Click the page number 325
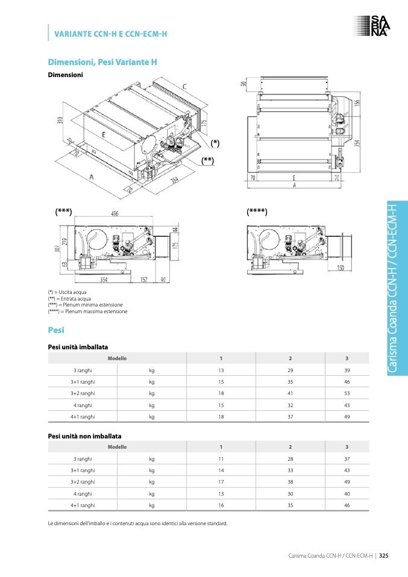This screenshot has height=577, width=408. tap(383, 555)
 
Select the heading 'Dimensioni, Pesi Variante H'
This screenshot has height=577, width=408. tap(102, 62)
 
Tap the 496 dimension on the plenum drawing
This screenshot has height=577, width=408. tap(115, 213)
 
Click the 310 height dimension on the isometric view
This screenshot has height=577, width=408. tap(60, 120)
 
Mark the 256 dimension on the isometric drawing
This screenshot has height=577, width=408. tap(175, 179)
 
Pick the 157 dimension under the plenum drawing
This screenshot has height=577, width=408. tap(144, 279)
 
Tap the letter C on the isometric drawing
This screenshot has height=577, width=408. tap(184, 87)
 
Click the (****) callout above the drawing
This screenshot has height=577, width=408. tap(257, 211)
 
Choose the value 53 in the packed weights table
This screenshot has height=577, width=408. tap(347, 393)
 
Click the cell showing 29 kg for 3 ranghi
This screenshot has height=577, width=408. tap(290, 370)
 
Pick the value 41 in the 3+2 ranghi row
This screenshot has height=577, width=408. tap(290, 393)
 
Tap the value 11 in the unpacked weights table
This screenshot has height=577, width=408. tap(221, 459)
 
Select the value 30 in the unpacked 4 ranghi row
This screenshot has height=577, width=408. tap(290, 493)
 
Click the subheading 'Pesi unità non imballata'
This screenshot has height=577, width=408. tap(84, 435)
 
